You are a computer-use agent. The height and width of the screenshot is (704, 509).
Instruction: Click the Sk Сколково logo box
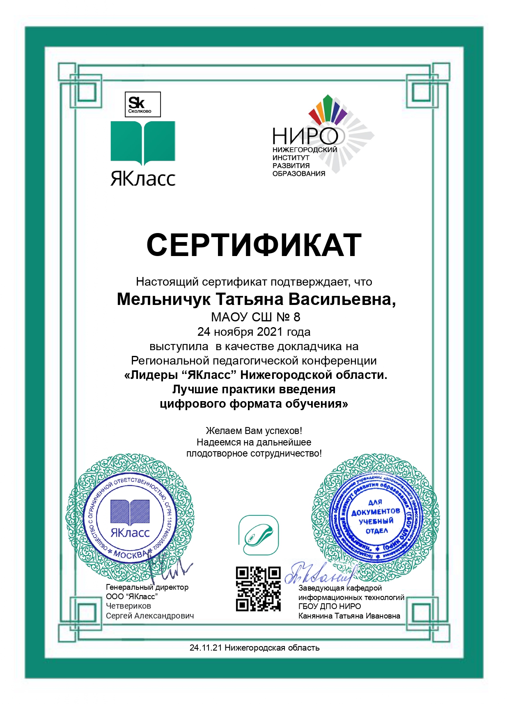click(x=142, y=104)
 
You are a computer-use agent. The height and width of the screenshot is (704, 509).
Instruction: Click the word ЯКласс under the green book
click(x=143, y=179)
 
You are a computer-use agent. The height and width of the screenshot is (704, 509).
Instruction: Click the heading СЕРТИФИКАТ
click(x=254, y=245)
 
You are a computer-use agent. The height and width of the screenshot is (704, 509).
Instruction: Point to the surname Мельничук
click(x=163, y=299)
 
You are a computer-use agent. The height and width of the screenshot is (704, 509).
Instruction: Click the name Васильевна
click(x=342, y=299)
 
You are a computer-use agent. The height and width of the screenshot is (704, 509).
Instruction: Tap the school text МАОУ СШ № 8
click(x=255, y=317)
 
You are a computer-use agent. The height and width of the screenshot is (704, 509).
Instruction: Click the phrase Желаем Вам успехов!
click(x=254, y=431)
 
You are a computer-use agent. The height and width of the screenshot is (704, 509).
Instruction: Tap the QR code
click(x=258, y=589)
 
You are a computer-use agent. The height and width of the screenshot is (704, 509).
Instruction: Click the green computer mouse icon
click(x=259, y=535)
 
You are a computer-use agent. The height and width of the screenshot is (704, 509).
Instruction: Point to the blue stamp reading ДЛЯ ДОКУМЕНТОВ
click(x=376, y=517)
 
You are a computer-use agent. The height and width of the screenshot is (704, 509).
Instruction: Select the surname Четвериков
click(x=128, y=606)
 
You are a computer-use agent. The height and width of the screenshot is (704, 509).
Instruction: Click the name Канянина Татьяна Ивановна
click(x=349, y=616)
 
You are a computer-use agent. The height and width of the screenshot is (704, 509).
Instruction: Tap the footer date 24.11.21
click(x=205, y=648)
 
